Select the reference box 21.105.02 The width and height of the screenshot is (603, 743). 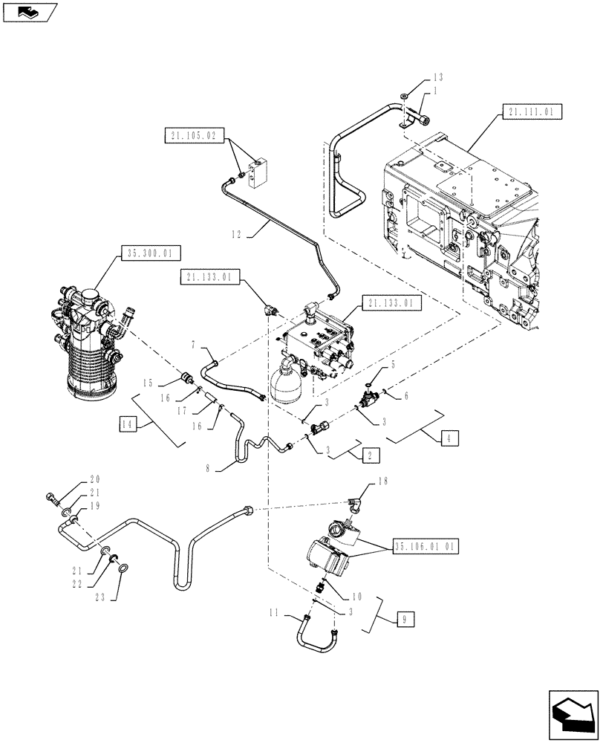pyautogui.click(x=192, y=135)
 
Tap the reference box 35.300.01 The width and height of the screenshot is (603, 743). pyautogui.click(x=149, y=253)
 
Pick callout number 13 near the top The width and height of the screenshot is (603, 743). pyautogui.click(x=438, y=78)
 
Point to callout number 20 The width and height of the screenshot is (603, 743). pyautogui.click(x=95, y=479)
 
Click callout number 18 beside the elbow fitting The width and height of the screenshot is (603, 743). pyautogui.click(x=383, y=481)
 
